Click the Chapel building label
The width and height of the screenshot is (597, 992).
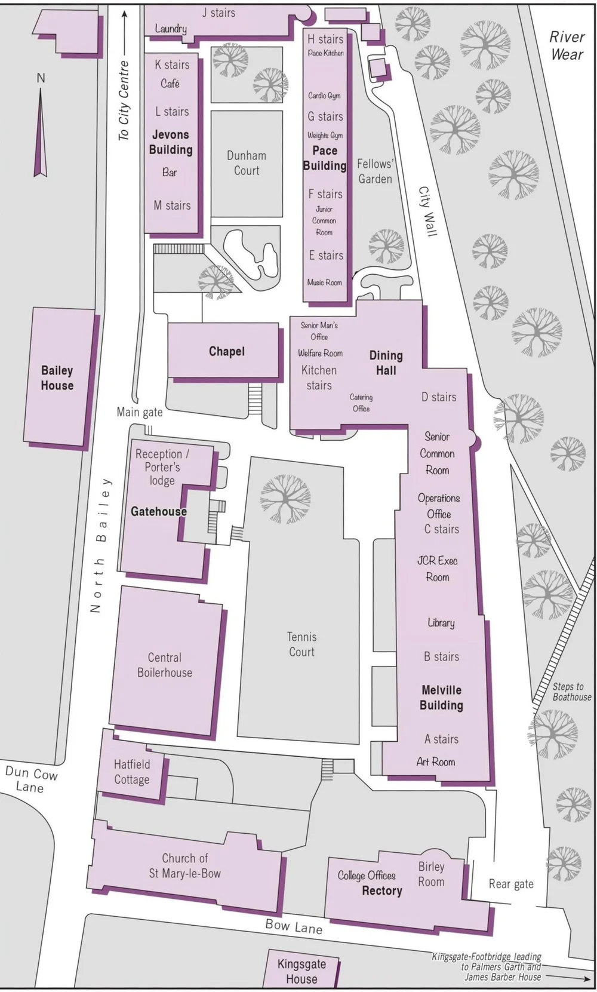pos(226,351)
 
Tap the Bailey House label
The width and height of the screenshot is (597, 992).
pos(57,378)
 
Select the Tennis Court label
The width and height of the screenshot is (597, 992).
pos(301,644)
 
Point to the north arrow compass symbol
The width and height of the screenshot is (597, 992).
pos(41,131)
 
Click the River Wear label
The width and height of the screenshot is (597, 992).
pos(567,45)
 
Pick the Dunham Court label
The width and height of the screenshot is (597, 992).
pos(247,163)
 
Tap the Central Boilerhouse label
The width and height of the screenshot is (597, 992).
pos(165,665)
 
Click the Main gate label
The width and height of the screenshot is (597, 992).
pos(139,411)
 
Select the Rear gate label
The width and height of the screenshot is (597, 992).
pos(511,884)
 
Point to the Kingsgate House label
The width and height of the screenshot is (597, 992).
pos(301,971)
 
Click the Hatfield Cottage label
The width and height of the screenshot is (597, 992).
pos(131,772)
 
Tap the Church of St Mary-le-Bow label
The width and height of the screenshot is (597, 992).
pos(185,866)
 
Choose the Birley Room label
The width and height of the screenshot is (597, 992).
pos(431,874)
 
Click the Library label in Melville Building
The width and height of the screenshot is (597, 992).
pos(441,623)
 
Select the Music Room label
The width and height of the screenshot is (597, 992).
pos(325,282)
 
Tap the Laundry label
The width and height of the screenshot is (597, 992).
pos(171,29)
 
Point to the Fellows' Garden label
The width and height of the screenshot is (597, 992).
pos(375,171)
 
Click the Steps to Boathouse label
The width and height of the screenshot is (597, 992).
pos(571,692)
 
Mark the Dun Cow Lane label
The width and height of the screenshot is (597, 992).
pos(31,779)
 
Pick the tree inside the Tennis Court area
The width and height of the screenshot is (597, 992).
pos(285,498)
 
